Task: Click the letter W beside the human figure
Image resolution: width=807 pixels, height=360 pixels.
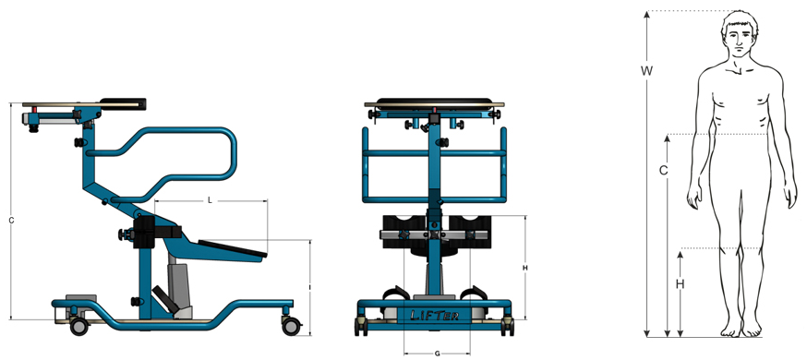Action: tap(646, 70)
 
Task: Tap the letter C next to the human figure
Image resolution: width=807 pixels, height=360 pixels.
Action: tap(663, 170)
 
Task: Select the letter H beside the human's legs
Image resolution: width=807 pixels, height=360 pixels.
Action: tap(680, 284)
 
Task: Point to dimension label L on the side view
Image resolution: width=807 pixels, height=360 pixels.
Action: tap(210, 200)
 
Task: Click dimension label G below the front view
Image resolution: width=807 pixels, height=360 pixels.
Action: tap(437, 354)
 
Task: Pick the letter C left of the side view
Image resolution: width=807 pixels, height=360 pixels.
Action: tap(11, 220)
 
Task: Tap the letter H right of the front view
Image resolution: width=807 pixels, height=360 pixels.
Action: tap(524, 268)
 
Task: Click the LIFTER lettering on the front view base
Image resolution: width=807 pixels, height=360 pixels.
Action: tap(434, 316)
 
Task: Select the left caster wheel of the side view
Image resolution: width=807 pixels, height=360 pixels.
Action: tap(78, 326)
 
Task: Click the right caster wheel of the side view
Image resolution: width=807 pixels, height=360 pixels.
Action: tap(291, 326)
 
